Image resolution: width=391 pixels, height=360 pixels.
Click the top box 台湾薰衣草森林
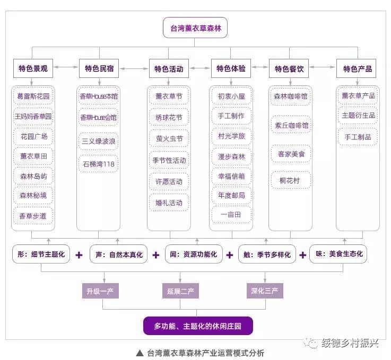tap(195, 28)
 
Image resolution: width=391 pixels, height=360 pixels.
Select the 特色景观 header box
tap(33, 69)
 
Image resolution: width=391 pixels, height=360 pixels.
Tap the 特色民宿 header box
tap(99, 69)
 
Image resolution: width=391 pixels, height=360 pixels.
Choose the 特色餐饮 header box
tap(289, 69)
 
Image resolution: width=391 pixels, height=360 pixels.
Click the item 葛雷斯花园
tap(33, 96)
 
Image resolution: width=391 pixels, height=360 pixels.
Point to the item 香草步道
tap(33, 216)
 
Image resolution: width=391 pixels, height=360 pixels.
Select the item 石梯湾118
tap(99, 164)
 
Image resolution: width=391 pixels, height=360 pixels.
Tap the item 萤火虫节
tap(169, 139)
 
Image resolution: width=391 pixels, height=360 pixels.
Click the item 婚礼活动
tap(169, 203)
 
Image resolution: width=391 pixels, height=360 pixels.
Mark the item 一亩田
tap(231, 215)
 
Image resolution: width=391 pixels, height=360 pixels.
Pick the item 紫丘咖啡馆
tap(291, 125)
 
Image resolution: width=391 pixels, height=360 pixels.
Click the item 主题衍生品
tap(358, 116)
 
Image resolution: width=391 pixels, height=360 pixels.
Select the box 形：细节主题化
tap(41, 254)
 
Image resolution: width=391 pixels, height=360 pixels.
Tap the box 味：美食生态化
tap(340, 254)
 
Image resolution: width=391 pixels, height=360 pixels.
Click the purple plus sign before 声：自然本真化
tap(79, 255)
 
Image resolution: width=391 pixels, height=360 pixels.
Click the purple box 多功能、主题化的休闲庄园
tap(197, 326)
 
